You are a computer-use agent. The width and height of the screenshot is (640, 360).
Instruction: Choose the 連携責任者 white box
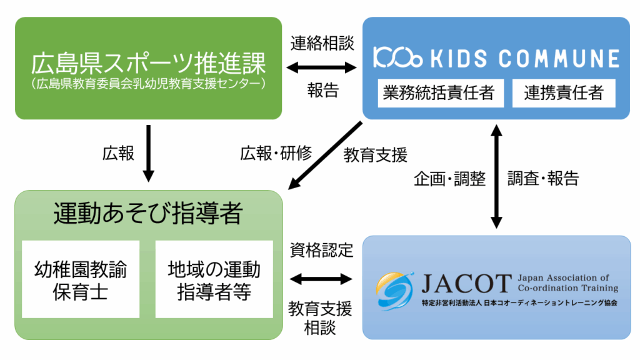563,93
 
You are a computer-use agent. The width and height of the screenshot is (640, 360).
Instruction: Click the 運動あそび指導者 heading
147,214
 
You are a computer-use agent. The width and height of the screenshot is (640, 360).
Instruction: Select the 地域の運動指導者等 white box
214,279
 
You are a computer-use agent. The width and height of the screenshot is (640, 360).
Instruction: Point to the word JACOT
466,284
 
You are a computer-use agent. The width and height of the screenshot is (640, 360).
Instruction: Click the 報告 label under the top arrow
322,91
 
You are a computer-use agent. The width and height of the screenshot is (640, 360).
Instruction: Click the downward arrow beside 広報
149,153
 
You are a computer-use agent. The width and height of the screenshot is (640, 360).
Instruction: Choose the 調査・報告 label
543,179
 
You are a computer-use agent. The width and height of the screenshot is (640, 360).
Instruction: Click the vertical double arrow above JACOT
496,177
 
